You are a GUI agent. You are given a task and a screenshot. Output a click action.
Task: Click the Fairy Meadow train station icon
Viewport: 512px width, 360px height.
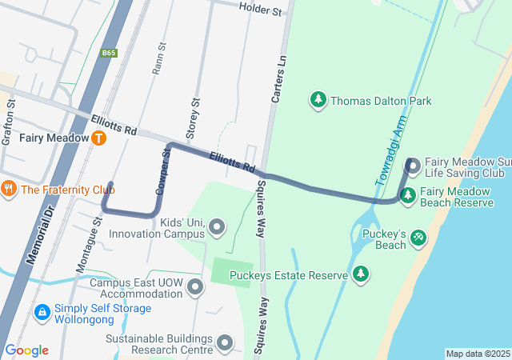[98, 138]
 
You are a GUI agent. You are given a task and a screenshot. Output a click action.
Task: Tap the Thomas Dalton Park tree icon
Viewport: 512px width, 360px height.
[318, 100]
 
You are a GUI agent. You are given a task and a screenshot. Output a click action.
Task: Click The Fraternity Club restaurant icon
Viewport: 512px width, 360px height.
[10, 190]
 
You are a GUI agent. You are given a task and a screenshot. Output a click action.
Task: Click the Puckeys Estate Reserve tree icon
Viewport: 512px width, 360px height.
[361, 274]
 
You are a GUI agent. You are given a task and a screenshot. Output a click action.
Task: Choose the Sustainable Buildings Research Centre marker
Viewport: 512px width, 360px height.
[226, 343]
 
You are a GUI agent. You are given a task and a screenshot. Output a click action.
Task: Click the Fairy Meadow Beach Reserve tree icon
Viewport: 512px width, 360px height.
[408, 194]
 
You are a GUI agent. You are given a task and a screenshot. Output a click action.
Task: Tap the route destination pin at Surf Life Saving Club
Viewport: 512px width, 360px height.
[413, 166]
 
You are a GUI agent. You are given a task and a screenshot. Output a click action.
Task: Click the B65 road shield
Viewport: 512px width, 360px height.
[110, 53]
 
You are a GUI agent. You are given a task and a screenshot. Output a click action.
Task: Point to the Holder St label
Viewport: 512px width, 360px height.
[261, 10]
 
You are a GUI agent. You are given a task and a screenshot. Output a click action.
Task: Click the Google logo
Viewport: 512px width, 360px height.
[26, 350]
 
